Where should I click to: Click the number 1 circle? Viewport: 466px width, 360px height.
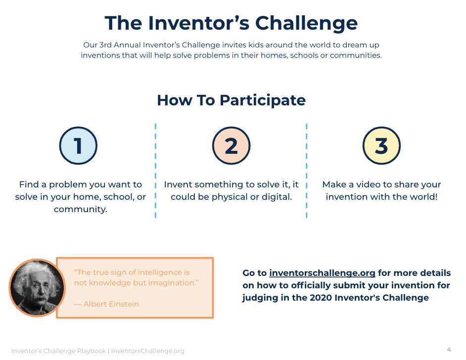[78, 145]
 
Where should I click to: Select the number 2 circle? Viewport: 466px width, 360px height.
[231, 145]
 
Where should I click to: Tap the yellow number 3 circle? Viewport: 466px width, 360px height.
[381, 145]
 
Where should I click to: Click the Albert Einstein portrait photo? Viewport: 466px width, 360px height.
[38, 287]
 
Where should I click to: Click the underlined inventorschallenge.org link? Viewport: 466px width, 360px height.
[322, 272]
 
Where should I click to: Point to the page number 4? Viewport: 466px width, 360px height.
[449, 349]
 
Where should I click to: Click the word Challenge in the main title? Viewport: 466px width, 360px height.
[306, 23]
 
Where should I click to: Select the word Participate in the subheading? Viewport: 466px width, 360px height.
[263, 100]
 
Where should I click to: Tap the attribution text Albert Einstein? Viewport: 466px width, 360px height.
[111, 304]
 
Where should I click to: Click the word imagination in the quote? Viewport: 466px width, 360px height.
[172, 282]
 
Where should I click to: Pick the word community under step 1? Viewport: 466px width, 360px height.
[80, 209]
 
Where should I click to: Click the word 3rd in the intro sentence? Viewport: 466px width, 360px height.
[105, 45]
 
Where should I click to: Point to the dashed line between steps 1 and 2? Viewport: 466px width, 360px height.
[155, 171]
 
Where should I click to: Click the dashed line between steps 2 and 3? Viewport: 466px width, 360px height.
[306, 171]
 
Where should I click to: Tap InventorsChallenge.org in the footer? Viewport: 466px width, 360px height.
[148, 351]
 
